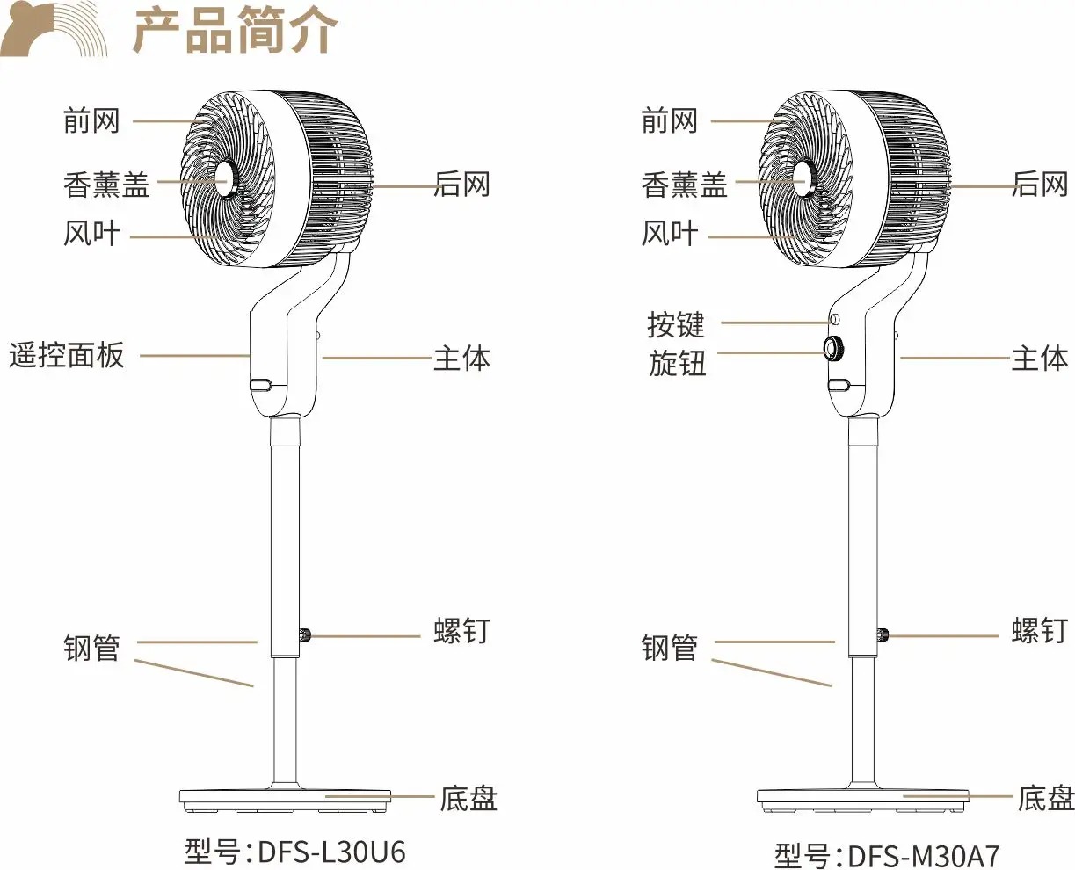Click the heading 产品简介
coord(235,31)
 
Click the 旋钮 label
coord(677,363)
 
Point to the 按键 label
coord(676,324)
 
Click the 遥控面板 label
coord(67,356)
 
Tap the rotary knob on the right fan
coord(832,348)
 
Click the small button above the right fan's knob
coord(834,319)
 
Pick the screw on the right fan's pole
coord(883,635)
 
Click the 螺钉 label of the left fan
coord(461,631)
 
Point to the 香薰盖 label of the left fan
coord(106,185)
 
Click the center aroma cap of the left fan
coord(223,179)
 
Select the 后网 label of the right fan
coord(1040,184)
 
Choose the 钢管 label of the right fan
coord(669,649)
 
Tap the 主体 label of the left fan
coord(461,359)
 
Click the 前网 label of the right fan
coord(669,120)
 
